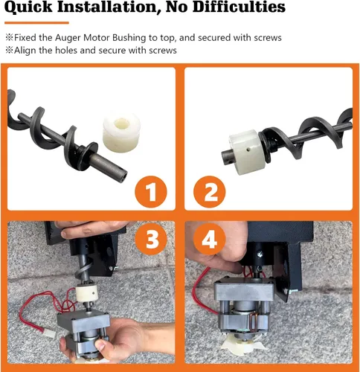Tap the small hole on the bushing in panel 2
(246, 147)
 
